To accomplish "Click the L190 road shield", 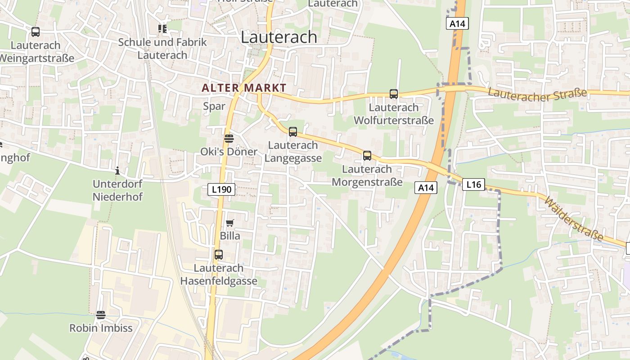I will tap(222, 189).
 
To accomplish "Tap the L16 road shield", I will tap(474, 184).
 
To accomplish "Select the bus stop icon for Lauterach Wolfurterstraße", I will tap(394, 94).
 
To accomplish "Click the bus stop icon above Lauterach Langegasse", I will tap(293, 132).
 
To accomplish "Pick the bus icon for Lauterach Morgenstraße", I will tap(367, 156).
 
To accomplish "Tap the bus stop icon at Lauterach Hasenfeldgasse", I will tap(219, 255).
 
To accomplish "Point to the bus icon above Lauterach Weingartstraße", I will tap(36, 32).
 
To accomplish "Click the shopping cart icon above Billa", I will tap(230, 223).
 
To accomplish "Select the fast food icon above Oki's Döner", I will tap(229, 138).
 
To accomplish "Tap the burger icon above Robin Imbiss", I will tap(101, 315).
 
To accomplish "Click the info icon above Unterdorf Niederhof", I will tap(117, 171).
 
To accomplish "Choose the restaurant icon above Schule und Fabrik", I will tap(162, 29).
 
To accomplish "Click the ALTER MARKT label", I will tap(244, 88).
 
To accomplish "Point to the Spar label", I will tap(214, 106).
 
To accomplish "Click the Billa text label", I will tap(230, 236).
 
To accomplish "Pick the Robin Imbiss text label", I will tap(101, 328).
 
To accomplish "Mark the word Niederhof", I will tap(117, 197).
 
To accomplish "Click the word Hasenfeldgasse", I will tap(219, 281).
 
